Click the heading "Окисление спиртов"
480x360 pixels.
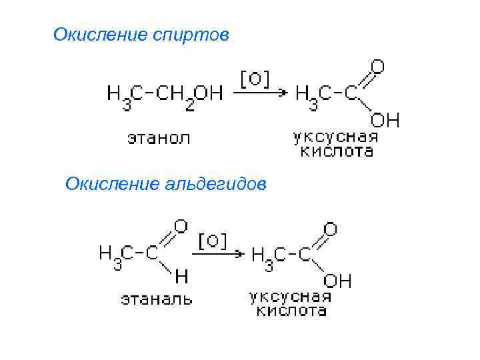click(x=141, y=34)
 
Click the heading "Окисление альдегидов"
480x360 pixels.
click(x=165, y=183)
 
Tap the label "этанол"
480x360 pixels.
click(x=159, y=139)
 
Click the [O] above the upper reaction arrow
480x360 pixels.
click(x=254, y=78)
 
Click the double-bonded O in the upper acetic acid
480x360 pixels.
click(x=377, y=67)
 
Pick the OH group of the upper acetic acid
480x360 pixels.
click(x=385, y=120)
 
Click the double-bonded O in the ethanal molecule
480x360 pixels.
click(x=181, y=226)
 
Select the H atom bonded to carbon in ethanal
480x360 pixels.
click(x=181, y=275)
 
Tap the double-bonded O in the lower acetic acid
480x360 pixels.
click(x=330, y=229)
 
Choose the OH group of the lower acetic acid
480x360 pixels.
click(x=337, y=281)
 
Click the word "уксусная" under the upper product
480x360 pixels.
click(x=335, y=138)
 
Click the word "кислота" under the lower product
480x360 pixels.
click(x=288, y=310)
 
